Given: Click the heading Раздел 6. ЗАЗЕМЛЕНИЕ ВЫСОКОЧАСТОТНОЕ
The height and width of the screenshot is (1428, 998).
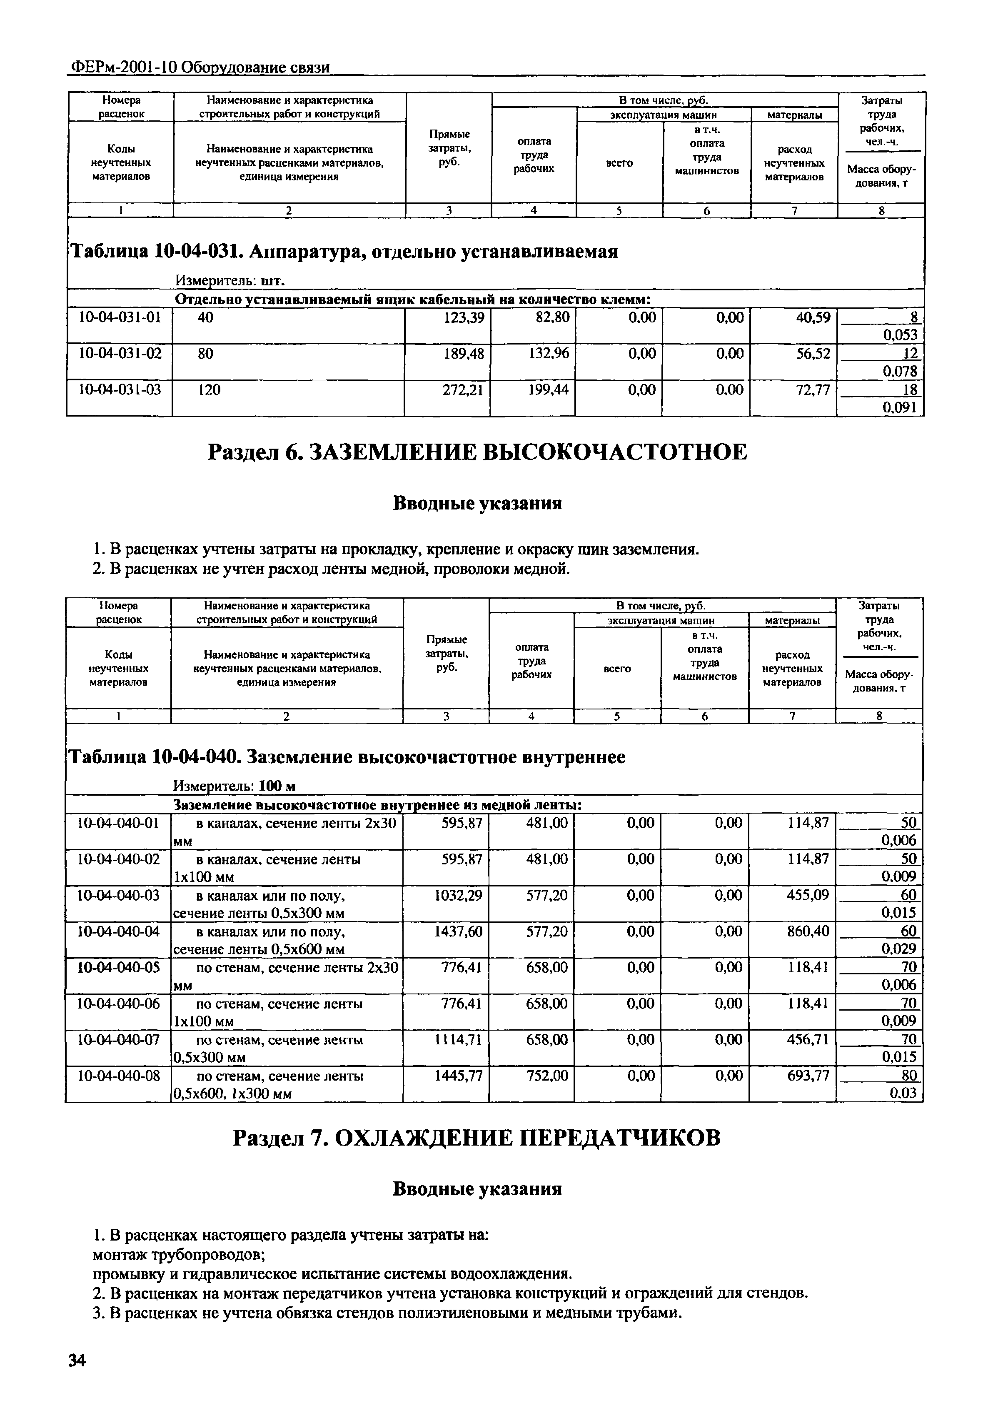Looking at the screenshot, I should click(477, 452).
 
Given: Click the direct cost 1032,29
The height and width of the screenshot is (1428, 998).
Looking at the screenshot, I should click(458, 895).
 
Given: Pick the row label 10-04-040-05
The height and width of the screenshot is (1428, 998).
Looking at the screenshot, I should click(118, 967).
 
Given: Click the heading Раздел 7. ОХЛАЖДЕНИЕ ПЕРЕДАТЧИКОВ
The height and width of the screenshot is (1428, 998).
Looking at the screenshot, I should click(477, 1138).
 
